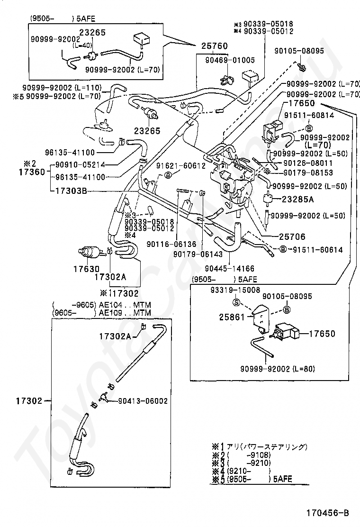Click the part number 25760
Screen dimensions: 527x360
(215, 46)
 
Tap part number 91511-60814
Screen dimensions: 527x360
(315, 115)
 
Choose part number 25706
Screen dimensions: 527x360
(292, 236)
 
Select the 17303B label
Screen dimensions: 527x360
(71, 191)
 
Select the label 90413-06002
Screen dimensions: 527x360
(143, 400)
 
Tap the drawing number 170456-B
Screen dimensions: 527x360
(327, 512)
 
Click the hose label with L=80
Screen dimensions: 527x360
(277, 369)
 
